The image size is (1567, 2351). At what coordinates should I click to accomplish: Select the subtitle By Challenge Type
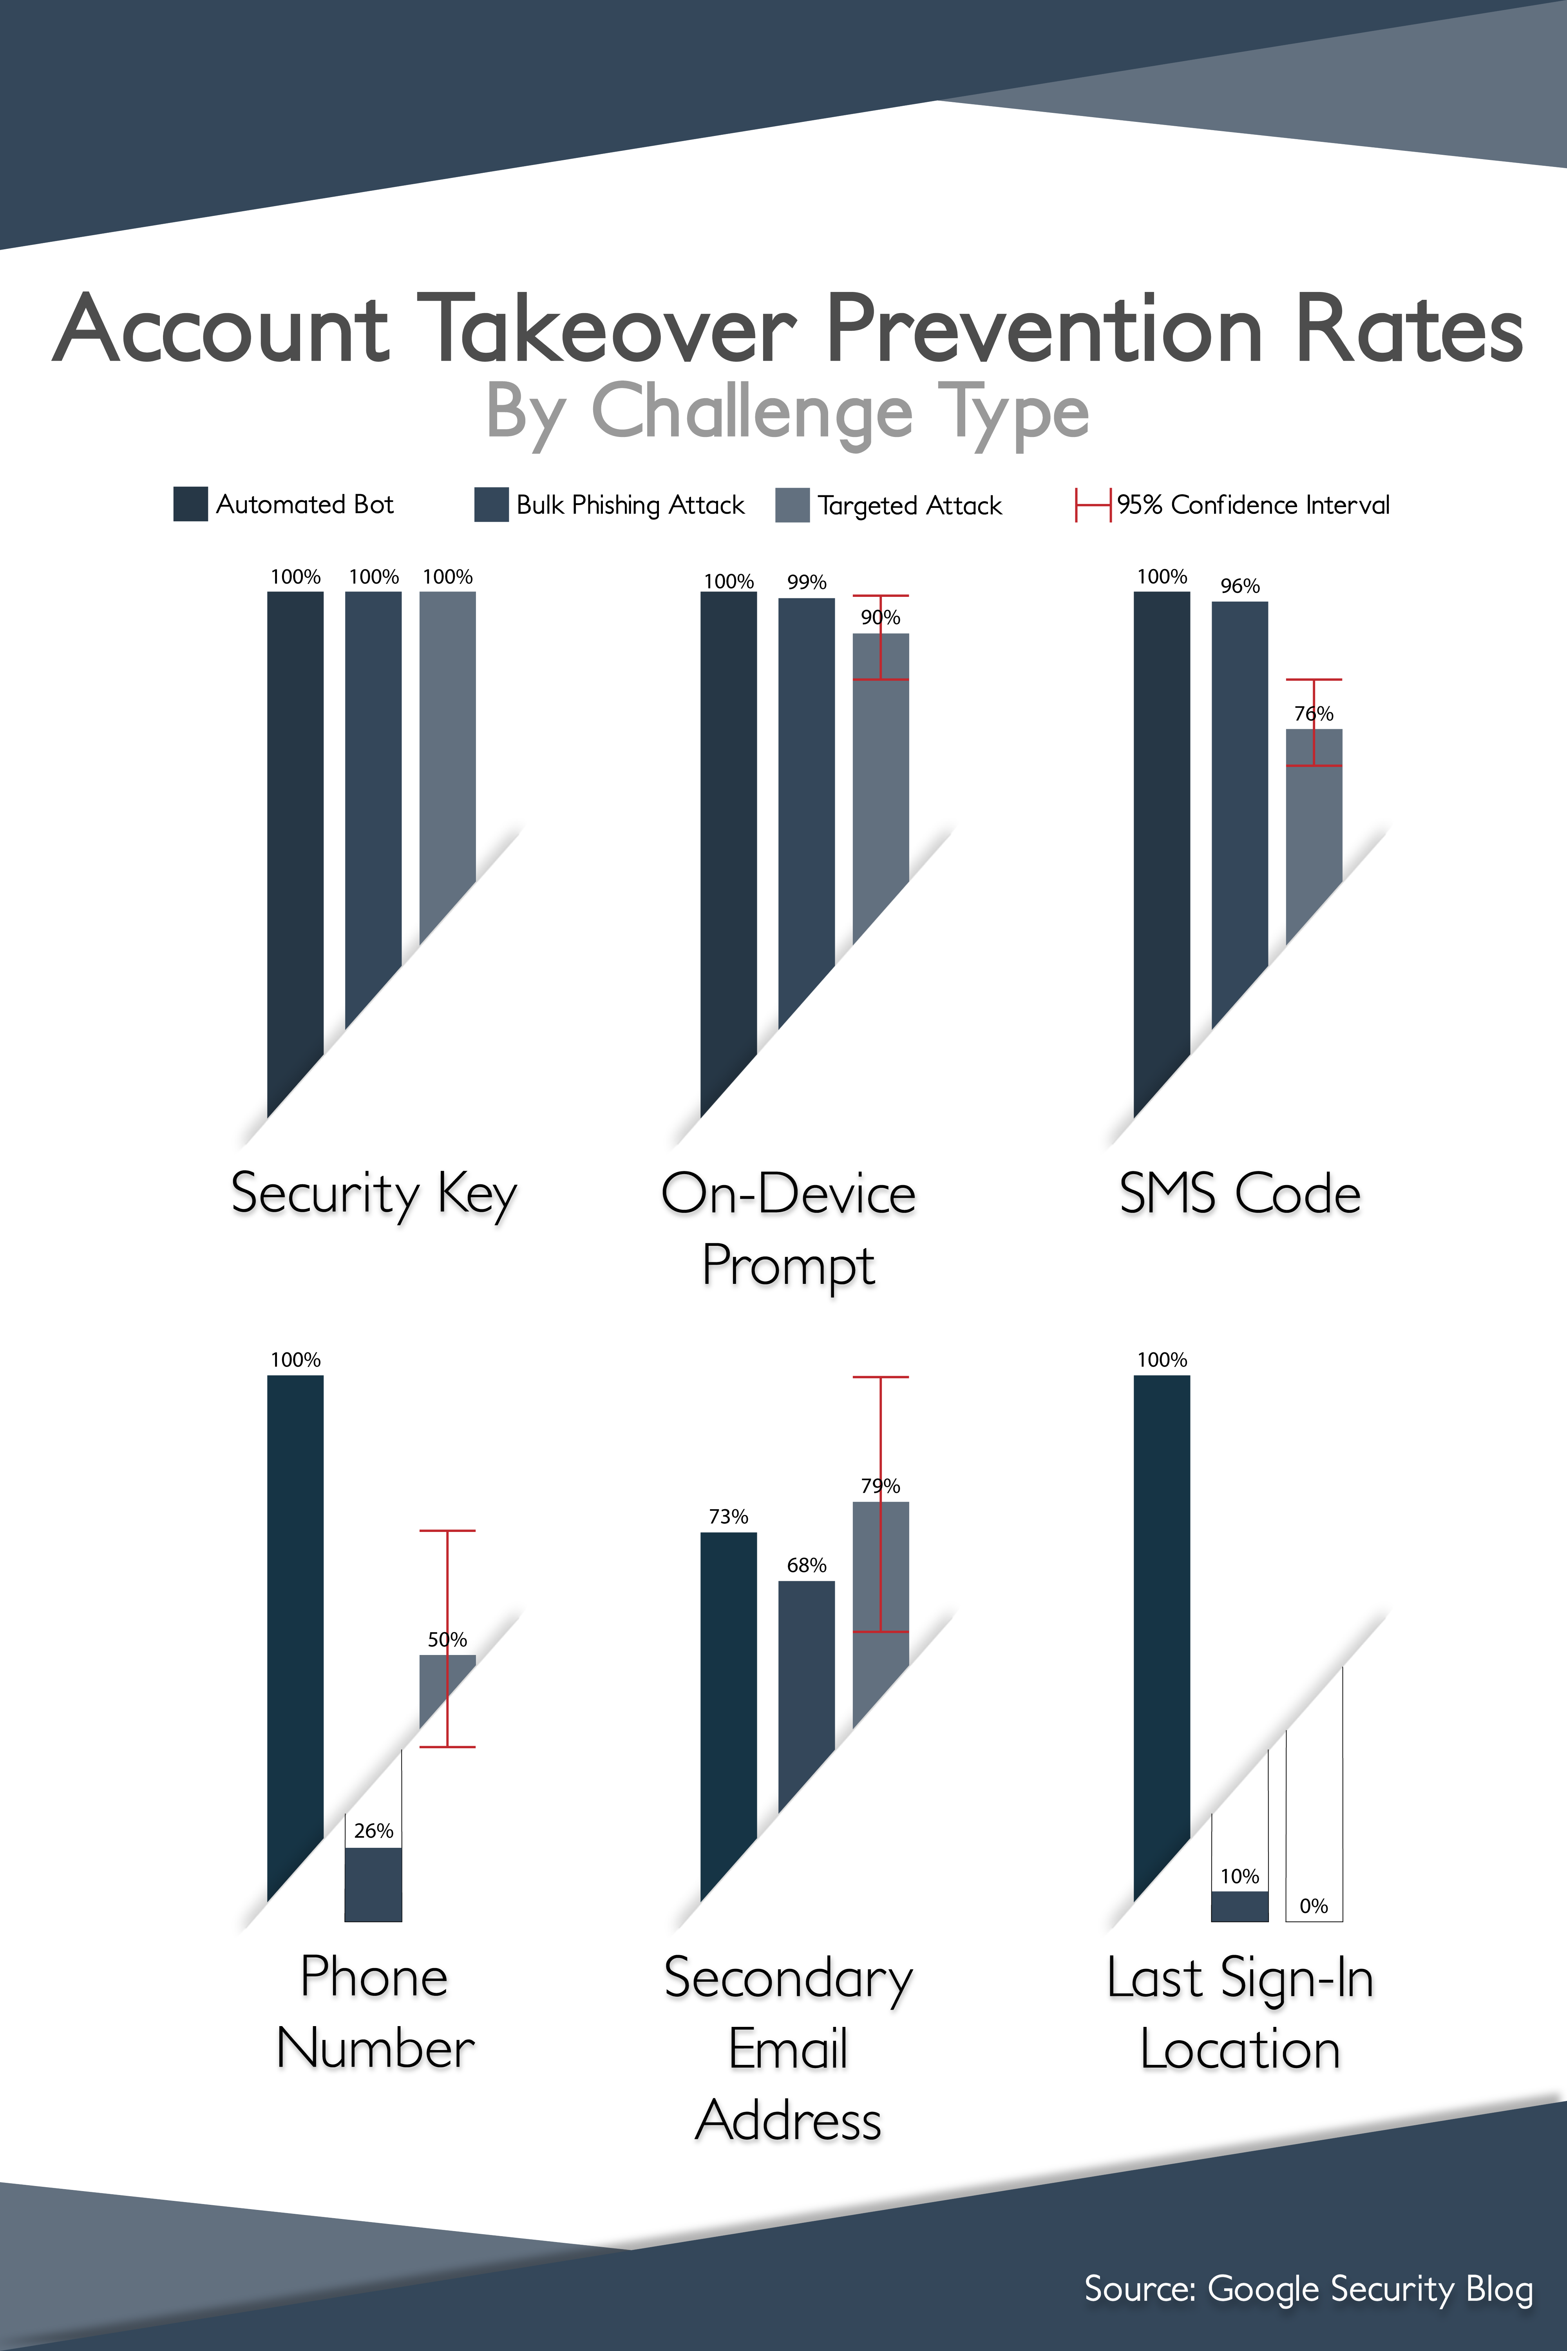(x=787, y=412)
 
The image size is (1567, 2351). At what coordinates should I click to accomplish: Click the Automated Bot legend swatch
(x=190, y=504)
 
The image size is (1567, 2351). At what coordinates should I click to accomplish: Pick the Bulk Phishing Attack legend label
(x=630, y=505)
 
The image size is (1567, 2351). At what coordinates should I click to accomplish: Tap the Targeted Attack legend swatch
(x=791, y=505)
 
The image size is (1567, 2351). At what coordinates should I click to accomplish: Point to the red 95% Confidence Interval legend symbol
(x=1092, y=505)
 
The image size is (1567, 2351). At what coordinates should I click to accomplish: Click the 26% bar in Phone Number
(x=373, y=1884)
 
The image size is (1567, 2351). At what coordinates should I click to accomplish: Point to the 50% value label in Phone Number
(x=447, y=1639)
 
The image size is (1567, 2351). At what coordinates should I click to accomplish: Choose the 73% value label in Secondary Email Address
(x=729, y=1516)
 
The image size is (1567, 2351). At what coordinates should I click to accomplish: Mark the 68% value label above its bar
(x=807, y=1564)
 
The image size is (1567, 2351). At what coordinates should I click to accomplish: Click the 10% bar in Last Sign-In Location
(x=1239, y=1906)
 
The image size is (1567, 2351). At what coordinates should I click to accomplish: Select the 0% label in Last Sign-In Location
(x=1313, y=1906)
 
